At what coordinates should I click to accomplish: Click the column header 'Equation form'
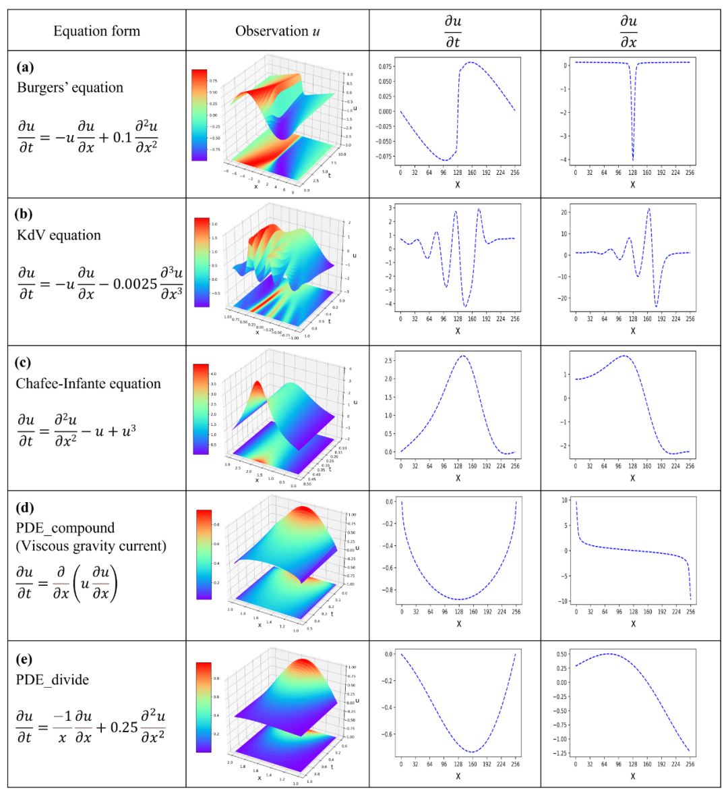[x=96, y=31]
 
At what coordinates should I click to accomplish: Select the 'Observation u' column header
[x=277, y=31]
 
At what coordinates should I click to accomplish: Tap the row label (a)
[x=25, y=67]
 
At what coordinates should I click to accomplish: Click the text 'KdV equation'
[x=59, y=235]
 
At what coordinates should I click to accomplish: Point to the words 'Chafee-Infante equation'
[x=88, y=383]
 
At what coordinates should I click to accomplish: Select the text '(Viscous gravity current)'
[x=91, y=545]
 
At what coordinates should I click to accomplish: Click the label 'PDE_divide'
[x=52, y=680]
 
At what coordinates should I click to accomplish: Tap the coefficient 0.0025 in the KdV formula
[x=135, y=283]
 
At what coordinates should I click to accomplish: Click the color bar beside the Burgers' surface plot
[x=199, y=115]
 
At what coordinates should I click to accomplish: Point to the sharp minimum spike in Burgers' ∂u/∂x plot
[x=632, y=160]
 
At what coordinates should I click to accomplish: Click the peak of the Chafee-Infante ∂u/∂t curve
[x=462, y=356]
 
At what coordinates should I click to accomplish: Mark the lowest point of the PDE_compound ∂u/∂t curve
[x=458, y=599]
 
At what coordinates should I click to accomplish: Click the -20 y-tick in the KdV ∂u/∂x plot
[x=564, y=298]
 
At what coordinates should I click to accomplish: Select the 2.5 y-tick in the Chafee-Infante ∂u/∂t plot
[x=388, y=361]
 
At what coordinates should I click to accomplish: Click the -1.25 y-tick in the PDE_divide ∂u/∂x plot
[x=559, y=752]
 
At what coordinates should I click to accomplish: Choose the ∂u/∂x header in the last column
[x=629, y=31]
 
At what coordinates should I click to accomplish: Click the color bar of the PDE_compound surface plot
[x=204, y=554]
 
